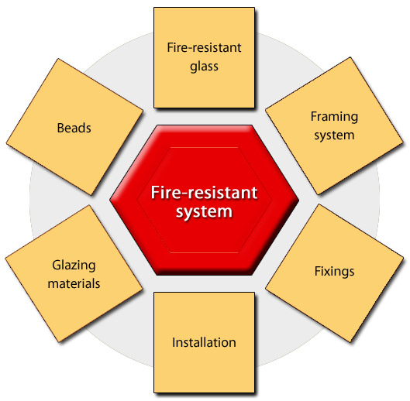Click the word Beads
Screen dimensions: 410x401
coord(74,128)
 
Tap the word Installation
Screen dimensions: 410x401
coord(204,342)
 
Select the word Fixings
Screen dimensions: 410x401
coord(334,272)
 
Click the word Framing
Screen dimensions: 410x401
coord(334,117)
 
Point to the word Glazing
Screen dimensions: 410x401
coord(74,266)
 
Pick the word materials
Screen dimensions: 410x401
coord(74,283)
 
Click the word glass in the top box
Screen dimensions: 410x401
coord(204,67)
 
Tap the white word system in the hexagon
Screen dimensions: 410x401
coord(204,211)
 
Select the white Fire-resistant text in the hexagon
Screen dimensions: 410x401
coord(204,193)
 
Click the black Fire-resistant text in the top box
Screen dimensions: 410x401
coord(204,47)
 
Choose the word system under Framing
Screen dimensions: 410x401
coord(334,135)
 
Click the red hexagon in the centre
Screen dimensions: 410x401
coord(204,200)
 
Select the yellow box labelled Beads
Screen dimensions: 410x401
coord(74,127)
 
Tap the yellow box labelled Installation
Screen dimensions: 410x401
coord(204,342)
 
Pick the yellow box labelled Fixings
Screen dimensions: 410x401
coord(334,273)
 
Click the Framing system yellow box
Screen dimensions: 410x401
coord(334,126)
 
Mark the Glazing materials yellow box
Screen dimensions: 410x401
coord(74,273)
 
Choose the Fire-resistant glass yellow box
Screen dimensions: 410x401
coord(204,57)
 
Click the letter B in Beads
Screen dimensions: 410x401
coord(60,128)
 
